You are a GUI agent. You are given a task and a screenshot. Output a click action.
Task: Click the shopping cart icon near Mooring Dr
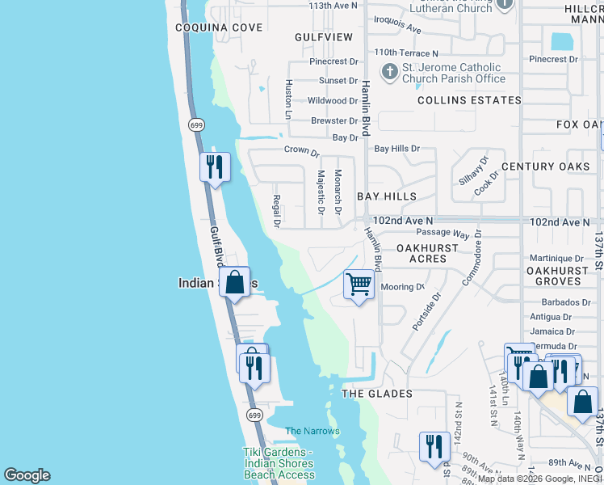[359, 285]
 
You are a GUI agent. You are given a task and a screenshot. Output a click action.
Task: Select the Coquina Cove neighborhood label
[208, 27]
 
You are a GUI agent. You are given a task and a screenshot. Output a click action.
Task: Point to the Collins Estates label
[469, 100]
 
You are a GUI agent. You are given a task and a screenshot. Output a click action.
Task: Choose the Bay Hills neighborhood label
[387, 196]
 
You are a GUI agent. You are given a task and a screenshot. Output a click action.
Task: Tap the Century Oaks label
[552, 167]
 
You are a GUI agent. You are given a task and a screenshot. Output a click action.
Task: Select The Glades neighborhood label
[377, 394]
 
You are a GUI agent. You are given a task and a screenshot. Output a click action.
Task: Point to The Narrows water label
[312, 431]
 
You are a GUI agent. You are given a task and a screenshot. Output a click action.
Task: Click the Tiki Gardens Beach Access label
[278, 463]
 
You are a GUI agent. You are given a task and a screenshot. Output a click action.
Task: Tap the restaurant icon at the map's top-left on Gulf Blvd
[215, 167]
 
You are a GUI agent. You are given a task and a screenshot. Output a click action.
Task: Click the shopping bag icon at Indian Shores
[234, 282]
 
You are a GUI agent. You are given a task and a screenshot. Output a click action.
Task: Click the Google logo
[27, 475]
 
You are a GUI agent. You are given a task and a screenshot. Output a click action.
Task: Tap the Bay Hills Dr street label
[396, 149]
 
